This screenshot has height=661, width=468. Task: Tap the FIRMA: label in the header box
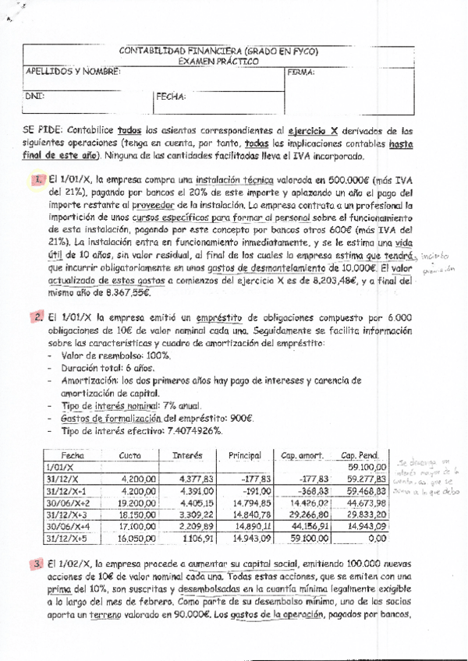pos(300,72)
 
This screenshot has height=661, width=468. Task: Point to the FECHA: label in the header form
pos(170,97)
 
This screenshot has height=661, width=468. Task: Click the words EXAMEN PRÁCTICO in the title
pos(218,61)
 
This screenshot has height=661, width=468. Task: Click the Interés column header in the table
pos(187,455)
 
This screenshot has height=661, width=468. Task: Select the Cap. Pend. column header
pos(359,455)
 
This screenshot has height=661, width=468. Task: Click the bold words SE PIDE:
pos(44,131)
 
